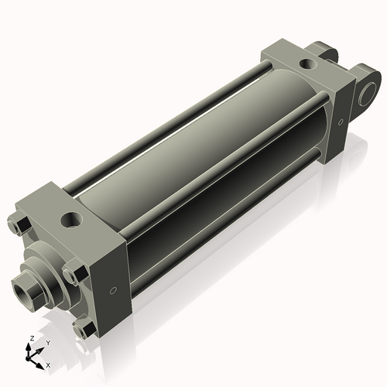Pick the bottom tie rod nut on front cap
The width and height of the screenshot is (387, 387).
(x=84, y=328)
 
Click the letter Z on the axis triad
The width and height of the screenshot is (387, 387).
(x=29, y=338)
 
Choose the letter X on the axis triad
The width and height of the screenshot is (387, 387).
(x=48, y=364)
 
